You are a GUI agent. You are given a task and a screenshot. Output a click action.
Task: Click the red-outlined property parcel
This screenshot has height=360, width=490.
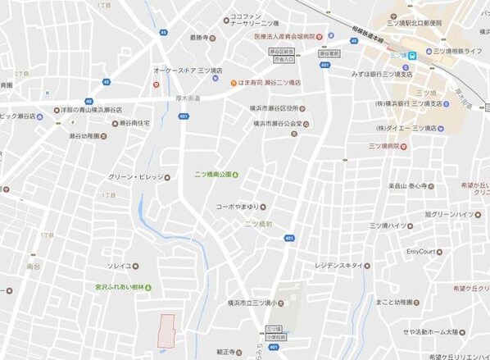(166, 330)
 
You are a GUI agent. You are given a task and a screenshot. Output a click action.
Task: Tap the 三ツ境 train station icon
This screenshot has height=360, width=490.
(413, 55)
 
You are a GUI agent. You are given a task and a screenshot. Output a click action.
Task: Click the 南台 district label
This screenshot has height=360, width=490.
(33, 244)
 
